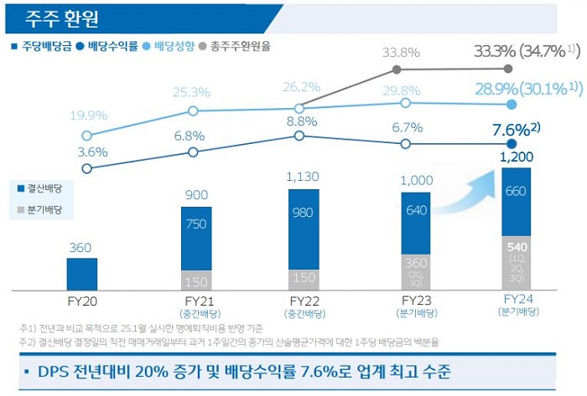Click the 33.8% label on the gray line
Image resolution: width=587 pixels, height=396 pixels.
401,52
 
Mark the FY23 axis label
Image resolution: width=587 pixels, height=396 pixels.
417,300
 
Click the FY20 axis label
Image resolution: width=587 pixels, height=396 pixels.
82,300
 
